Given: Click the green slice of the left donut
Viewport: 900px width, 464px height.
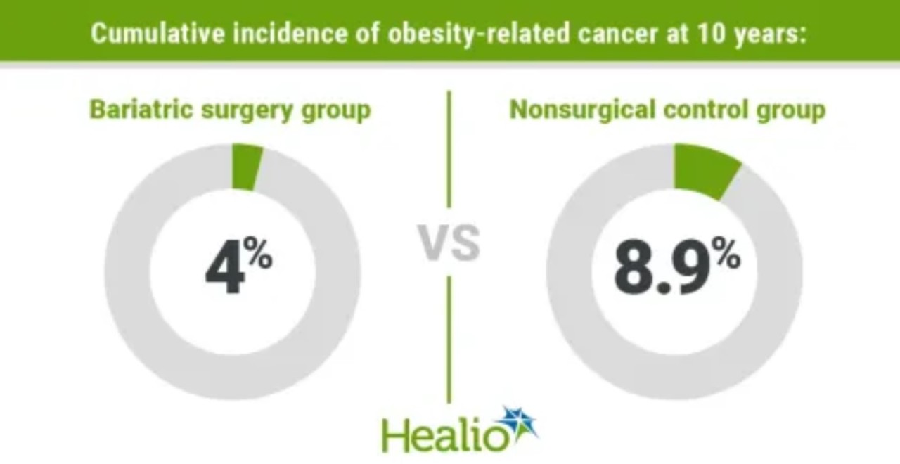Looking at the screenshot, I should pos(247,167).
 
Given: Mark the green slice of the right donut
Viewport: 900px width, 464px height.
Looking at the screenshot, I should pos(703,170).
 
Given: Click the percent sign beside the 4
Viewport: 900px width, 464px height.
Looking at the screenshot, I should pos(259,255).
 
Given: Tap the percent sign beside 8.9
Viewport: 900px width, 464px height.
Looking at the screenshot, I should pos(725,255).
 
